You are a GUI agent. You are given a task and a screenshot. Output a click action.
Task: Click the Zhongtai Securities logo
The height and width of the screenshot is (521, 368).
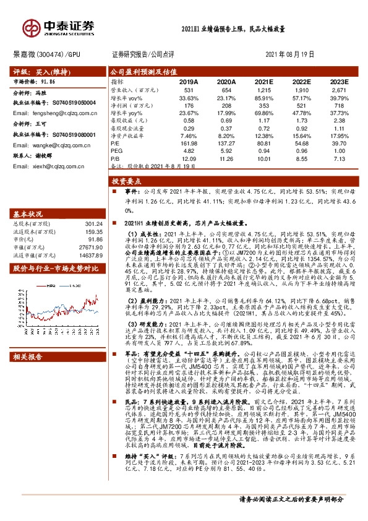59,27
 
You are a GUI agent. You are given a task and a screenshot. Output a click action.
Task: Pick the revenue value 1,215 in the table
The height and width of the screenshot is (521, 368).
265,90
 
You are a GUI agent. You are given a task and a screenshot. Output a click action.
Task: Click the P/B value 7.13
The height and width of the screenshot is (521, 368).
340,158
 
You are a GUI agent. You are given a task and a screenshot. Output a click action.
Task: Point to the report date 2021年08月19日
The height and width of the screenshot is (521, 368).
289,54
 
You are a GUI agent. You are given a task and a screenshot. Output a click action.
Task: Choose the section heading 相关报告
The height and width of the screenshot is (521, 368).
27,356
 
